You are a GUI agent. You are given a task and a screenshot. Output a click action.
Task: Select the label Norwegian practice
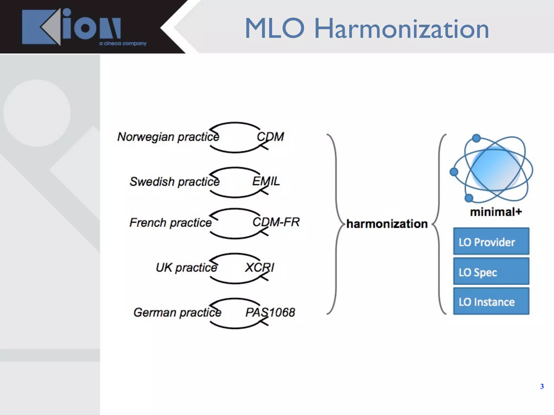point(168,137)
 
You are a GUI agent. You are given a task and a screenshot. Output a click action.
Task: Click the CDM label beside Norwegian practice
point(270,137)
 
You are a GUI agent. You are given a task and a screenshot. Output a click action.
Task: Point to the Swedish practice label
point(174,182)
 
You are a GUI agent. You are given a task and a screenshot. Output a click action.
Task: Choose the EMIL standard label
point(266,181)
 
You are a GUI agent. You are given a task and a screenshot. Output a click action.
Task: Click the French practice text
point(170,223)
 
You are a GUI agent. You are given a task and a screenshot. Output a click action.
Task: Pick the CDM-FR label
point(276,222)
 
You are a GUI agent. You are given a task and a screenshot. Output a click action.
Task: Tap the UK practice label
point(186,267)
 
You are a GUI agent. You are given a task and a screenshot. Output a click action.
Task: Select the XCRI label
point(259,267)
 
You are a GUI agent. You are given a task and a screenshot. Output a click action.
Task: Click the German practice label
point(177,312)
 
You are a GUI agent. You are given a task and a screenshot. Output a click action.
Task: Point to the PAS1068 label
point(270,312)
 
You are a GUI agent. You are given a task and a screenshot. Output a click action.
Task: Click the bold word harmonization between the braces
point(387,224)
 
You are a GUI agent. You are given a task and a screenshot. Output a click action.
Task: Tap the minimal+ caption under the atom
point(496,212)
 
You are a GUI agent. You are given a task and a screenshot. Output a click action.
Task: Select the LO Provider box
point(491,241)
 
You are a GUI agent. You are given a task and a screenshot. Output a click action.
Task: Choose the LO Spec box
point(491,271)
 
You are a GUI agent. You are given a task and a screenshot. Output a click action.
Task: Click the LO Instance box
point(491,301)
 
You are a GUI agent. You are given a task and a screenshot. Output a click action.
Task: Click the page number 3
point(542,386)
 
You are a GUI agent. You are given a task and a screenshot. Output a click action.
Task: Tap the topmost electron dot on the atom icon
point(476,138)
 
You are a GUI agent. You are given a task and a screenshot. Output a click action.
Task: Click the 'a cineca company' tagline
point(123,43)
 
